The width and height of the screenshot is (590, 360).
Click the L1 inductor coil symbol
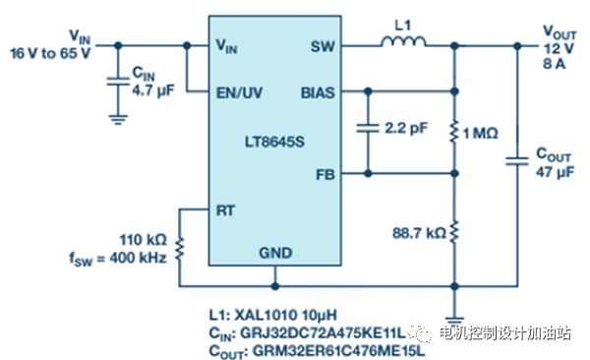(403, 41)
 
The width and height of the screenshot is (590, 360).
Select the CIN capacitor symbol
(118, 82)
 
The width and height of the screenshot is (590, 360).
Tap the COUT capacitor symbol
(517, 161)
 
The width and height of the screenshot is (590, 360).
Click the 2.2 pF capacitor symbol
(368, 128)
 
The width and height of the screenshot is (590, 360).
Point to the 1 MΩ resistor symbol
(454, 132)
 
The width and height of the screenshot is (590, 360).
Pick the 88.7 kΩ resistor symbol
(454, 232)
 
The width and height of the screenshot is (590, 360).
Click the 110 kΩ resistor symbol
(180, 249)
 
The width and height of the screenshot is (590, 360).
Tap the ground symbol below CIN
(118, 120)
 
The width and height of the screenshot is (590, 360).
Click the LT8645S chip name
(274, 142)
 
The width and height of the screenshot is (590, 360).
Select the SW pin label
(323, 46)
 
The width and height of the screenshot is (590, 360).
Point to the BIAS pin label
(318, 92)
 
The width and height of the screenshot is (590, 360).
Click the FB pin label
(325, 175)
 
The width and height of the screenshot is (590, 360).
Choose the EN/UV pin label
(239, 92)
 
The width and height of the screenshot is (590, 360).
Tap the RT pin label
(225, 210)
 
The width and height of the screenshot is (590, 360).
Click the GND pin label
(275, 253)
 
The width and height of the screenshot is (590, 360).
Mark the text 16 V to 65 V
(51, 53)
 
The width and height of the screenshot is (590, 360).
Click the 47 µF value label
(555, 172)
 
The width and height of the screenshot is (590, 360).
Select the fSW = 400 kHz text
(118, 259)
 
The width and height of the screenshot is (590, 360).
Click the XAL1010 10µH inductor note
(286, 315)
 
